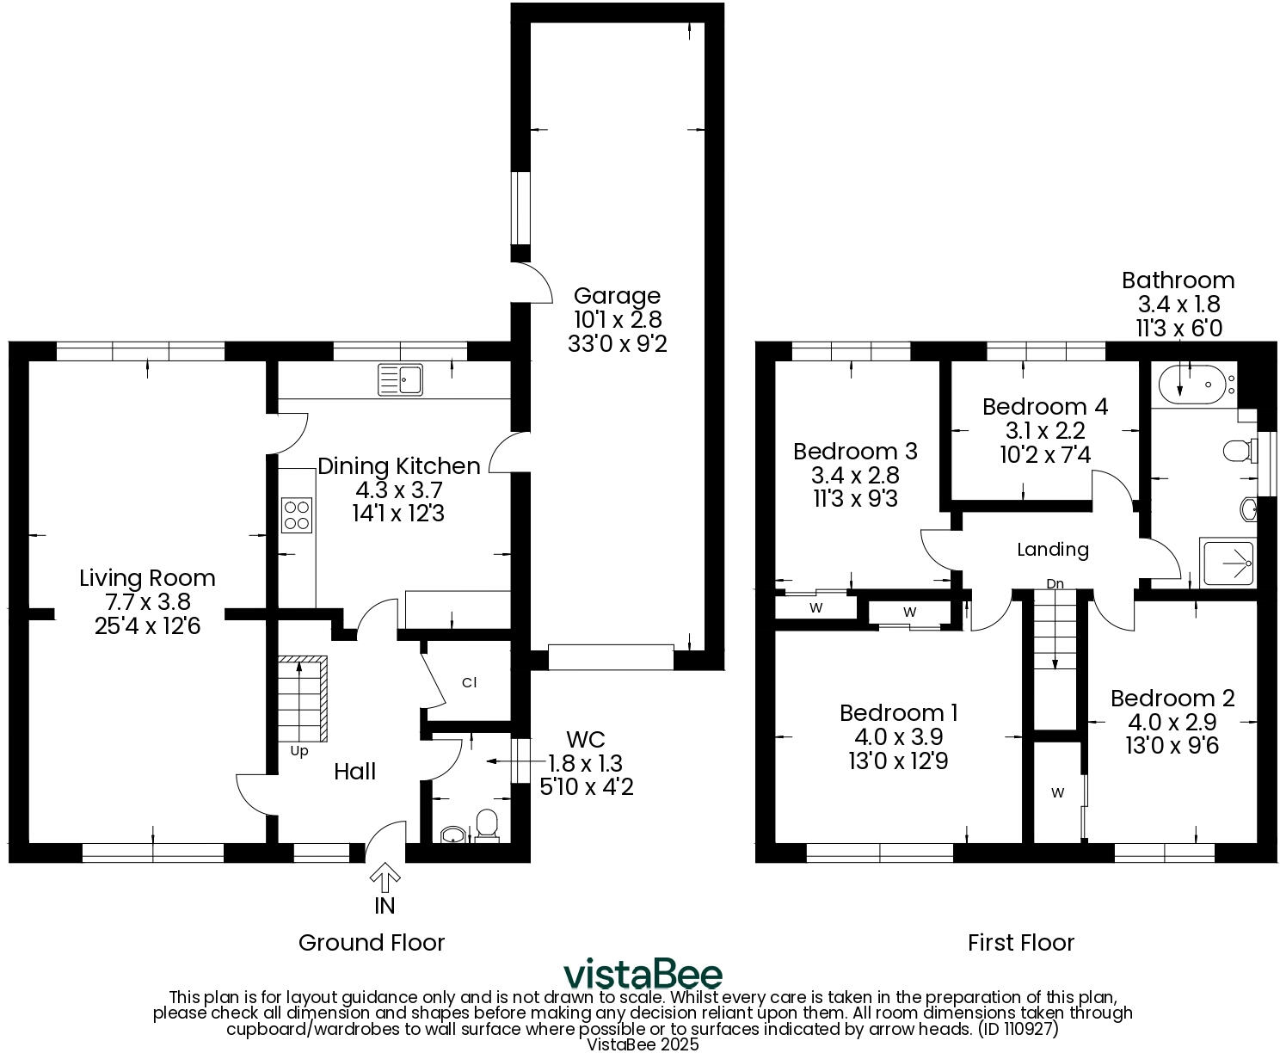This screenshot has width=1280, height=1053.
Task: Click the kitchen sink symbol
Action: click(401, 379)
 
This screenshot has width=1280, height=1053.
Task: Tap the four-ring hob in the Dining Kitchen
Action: click(296, 515)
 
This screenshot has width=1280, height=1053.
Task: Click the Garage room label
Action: click(617, 297)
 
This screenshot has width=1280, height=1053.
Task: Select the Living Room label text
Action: click(147, 578)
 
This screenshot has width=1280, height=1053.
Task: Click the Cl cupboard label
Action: click(469, 683)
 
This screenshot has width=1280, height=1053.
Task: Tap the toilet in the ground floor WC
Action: click(488, 824)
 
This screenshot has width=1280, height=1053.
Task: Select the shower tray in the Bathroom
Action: click(1229, 564)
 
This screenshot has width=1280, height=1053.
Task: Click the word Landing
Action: click(1052, 550)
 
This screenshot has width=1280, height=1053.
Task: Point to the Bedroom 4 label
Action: click(1044, 406)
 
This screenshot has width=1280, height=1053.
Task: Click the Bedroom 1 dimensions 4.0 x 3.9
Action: click(898, 737)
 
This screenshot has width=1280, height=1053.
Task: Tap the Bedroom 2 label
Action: click(1172, 699)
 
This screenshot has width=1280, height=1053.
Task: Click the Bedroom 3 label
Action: click(855, 452)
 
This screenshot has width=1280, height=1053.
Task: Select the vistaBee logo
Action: click(643, 975)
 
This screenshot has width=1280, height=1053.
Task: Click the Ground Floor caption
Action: click(371, 943)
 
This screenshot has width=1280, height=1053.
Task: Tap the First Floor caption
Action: click(1020, 943)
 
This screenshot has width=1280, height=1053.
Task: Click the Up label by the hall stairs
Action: click(298, 751)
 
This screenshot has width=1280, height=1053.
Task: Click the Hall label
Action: click(354, 772)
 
